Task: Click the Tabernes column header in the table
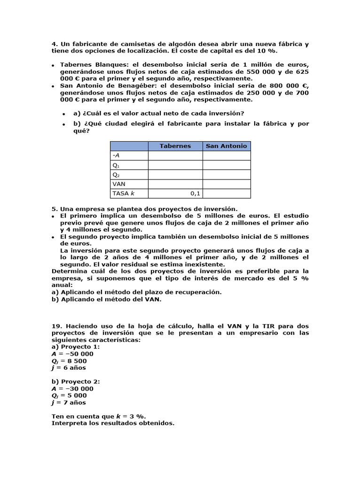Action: click(175, 146)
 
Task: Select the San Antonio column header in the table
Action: click(226, 146)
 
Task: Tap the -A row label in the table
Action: click(116, 155)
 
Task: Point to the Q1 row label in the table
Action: click(116, 165)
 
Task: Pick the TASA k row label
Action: click(123, 194)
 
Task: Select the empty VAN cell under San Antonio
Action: click(226, 184)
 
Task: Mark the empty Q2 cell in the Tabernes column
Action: click(175, 175)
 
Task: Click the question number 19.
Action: click(56, 326)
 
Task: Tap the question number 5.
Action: click(54, 209)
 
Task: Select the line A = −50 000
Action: click(72, 354)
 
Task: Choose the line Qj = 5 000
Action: click(70, 396)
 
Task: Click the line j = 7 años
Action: click(69, 403)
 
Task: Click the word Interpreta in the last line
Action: click(68, 423)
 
